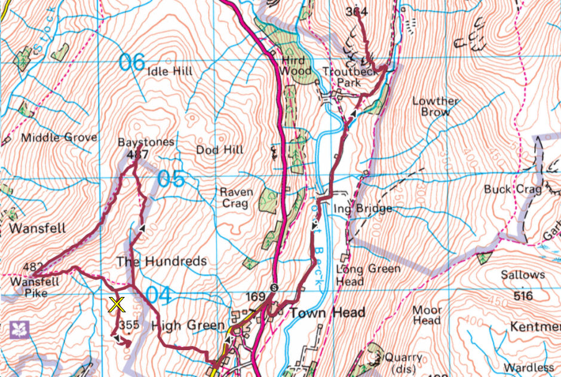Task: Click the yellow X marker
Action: tap(117, 305)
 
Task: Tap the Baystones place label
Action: tap(145, 142)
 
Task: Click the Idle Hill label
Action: tap(170, 72)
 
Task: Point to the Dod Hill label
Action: tap(220, 150)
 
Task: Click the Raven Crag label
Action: tap(237, 198)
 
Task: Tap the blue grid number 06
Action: tap(131, 62)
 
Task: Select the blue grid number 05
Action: tap(171, 179)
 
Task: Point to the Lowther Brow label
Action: tap(436, 106)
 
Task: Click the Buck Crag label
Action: tap(505, 189)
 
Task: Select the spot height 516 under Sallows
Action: tap(523, 296)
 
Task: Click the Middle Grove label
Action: tap(59, 138)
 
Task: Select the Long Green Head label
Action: tap(368, 275)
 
